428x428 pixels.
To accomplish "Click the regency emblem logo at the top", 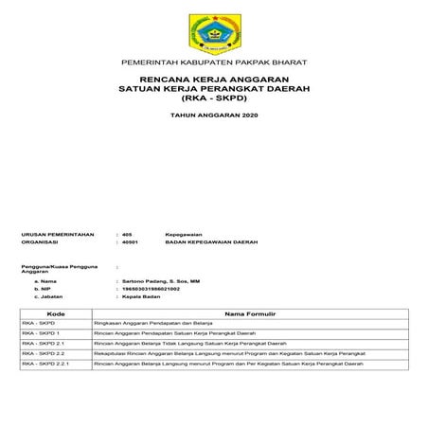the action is tap(213, 30).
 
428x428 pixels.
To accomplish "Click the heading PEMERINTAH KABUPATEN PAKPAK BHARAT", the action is tap(213, 62).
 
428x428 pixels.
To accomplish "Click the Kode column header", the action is tap(55, 312).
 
